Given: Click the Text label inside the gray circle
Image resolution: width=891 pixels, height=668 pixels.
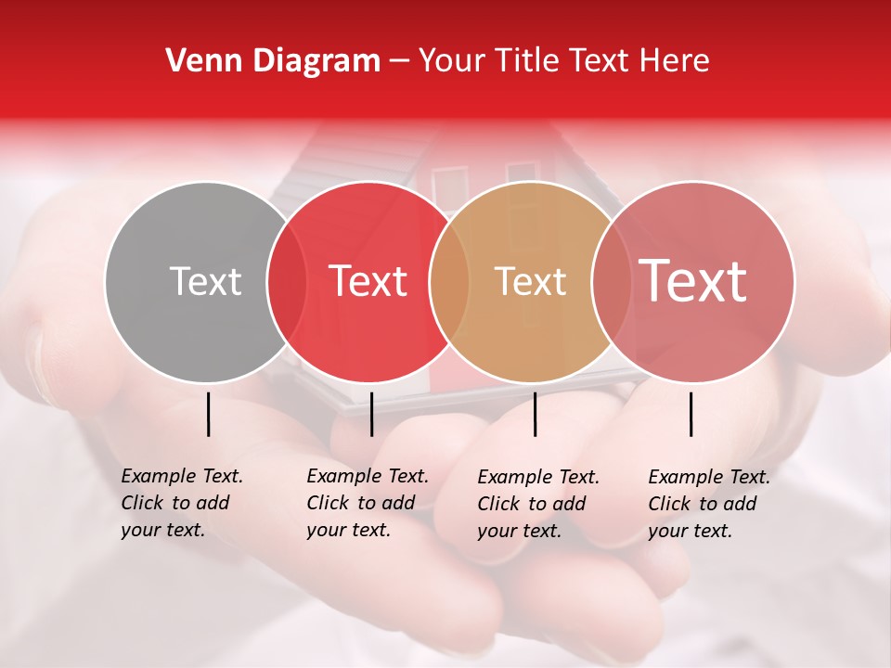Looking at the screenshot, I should (x=205, y=281).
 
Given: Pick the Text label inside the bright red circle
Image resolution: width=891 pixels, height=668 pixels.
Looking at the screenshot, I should (x=368, y=281).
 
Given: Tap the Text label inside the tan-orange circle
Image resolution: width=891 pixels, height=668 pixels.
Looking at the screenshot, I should (x=530, y=281).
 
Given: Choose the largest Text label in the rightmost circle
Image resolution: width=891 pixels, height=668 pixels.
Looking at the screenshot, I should (x=692, y=281).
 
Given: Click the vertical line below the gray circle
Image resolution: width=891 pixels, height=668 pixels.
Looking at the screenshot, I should (x=209, y=414).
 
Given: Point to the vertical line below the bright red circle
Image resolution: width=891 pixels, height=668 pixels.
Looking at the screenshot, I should (x=371, y=414).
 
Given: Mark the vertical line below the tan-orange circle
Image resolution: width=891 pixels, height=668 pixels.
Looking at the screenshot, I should (x=535, y=414).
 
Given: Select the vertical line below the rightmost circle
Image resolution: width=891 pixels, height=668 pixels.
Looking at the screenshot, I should (x=691, y=414).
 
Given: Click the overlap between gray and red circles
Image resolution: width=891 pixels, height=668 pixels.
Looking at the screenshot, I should (x=287, y=281).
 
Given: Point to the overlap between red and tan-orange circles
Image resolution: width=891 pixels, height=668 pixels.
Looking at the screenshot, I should (x=449, y=281).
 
